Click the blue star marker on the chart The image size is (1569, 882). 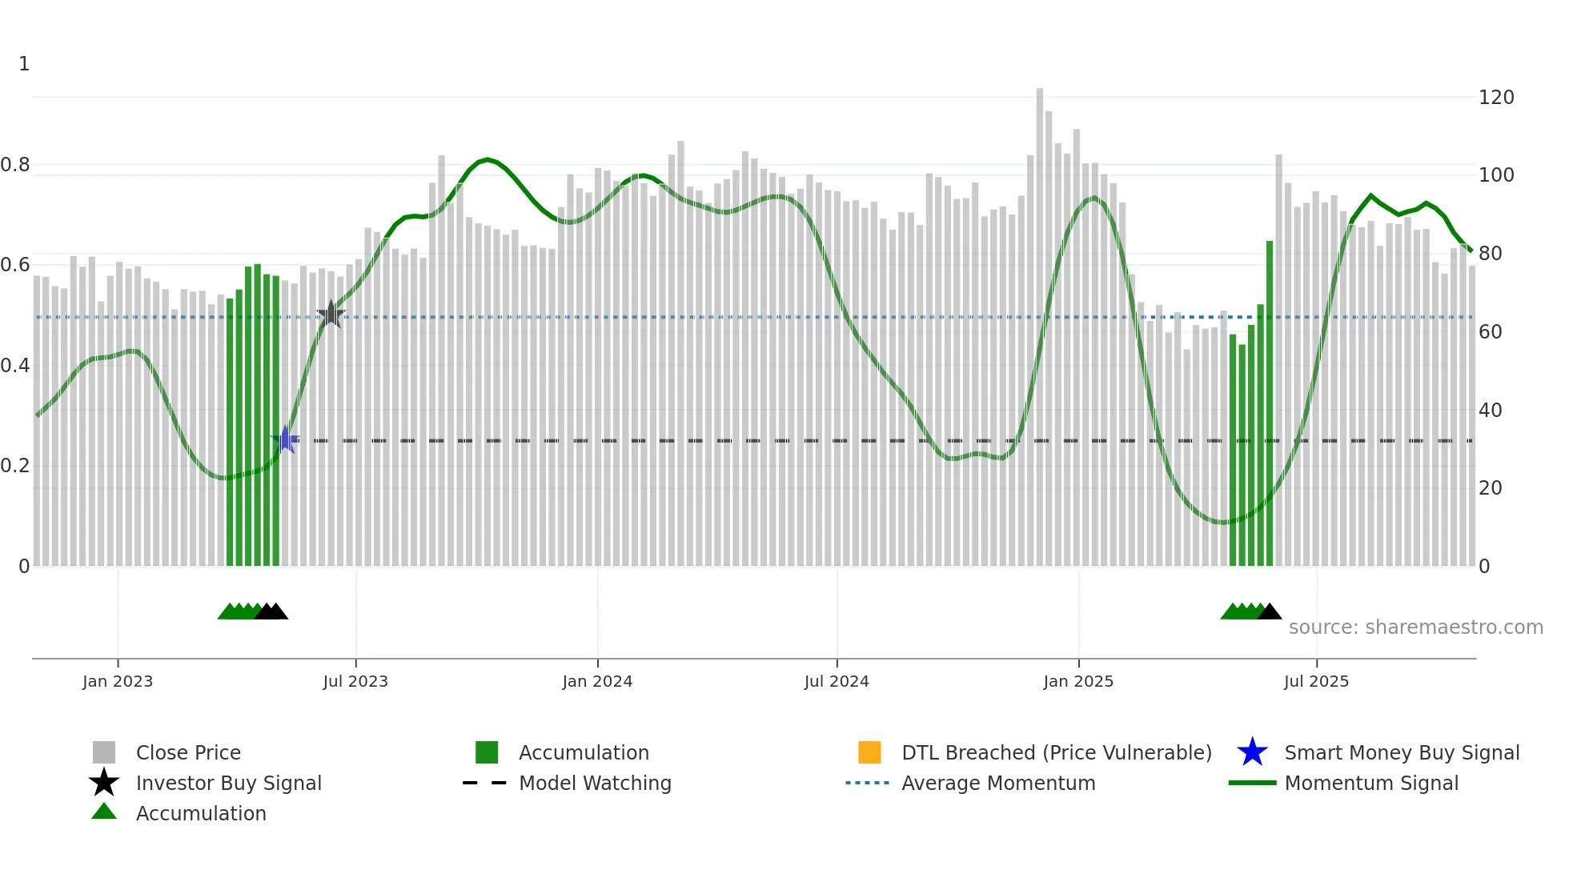point(285,439)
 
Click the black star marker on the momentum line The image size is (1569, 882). point(331,315)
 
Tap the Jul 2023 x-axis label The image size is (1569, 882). point(355,681)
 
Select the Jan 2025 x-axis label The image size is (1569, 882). point(1078,681)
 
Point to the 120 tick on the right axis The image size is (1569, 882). point(1496,98)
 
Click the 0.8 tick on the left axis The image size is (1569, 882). point(15,165)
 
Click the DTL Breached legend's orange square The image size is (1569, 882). point(869,752)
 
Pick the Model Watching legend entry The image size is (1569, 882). point(595,783)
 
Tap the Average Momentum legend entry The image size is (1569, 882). point(997,783)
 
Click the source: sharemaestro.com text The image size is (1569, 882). point(1415,627)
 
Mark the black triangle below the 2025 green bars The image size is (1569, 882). point(1269,612)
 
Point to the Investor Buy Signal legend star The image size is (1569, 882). point(104,783)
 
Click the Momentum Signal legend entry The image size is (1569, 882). point(1370,783)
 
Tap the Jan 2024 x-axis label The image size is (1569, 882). point(597,681)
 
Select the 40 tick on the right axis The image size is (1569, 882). point(1490,411)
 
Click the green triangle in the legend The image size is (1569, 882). point(104,812)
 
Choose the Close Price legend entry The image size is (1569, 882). point(187,752)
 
